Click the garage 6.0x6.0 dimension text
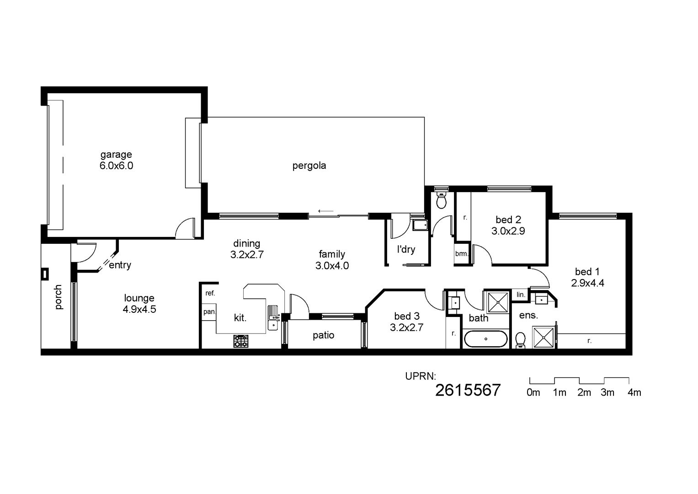(116, 165)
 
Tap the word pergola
(309, 166)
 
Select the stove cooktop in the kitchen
(241, 341)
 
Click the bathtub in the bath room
(485, 338)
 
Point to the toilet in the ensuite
(520, 340)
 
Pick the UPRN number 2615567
(468, 390)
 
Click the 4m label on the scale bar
(634, 392)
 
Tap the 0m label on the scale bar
(533, 392)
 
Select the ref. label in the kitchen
(210, 293)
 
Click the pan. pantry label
(209, 311)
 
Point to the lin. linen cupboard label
(521, 295)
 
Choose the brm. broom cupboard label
(462, 254)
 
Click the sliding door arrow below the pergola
(326, 211)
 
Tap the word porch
(58, 297)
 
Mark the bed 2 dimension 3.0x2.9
(508, 231)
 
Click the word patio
(324, 336)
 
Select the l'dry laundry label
(406, 249)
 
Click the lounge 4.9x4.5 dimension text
(139, 309)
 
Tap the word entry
(120, 265)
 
